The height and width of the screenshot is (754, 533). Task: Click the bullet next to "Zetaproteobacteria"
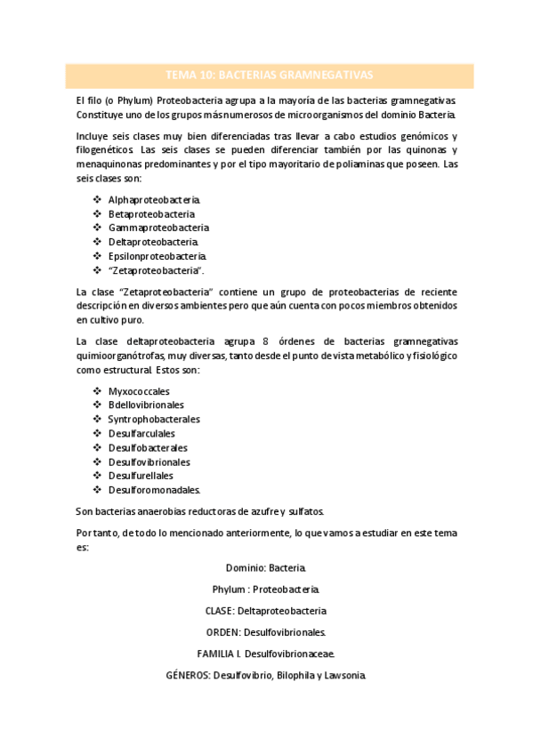(97, 270)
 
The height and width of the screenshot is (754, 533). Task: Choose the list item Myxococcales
(139, 390)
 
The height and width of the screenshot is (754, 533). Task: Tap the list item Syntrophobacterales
(154, 419)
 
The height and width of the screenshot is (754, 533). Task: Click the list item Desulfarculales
(142, 433)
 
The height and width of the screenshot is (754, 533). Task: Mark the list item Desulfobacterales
(148, 447)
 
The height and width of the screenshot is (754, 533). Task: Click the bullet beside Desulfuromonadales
(97, 490)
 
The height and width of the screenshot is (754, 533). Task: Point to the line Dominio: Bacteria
(266, 566)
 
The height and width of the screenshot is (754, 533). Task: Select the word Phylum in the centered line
(230, 589)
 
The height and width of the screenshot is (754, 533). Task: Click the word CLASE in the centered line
(220, 611)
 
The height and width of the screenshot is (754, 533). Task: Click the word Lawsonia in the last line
(342, 675)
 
